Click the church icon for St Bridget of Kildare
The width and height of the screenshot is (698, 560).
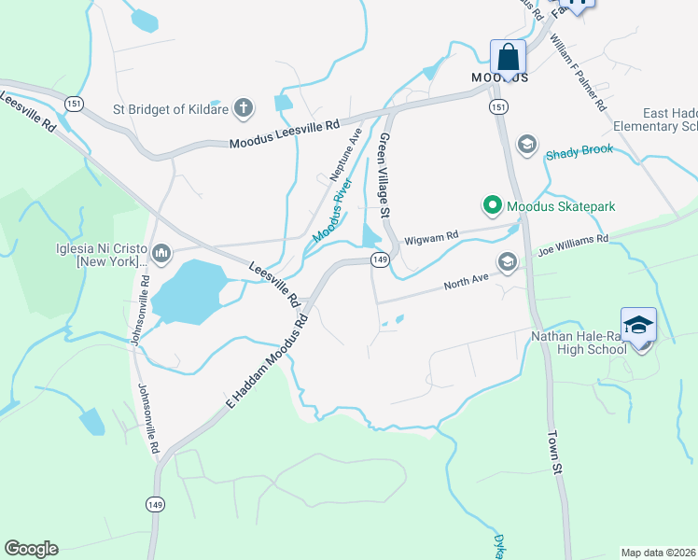click(x=243, y=107)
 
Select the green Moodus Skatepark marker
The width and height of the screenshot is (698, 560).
click(x=491, y=205)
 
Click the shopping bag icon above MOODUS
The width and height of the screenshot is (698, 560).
click(x=508, y=57)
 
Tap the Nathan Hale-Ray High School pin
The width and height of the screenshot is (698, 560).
click(x=638, y=327)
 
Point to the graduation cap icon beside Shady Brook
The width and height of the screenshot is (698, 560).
click(x=526, y=144)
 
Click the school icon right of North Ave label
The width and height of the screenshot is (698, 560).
click(x=507, y=262)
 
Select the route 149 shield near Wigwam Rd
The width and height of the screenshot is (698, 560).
click(x=379, y=259)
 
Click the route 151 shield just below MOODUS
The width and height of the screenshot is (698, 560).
click(x=501, y=107)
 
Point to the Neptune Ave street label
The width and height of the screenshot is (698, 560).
click(x=343, y=155)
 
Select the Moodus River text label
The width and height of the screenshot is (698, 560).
click(x=333, y=212)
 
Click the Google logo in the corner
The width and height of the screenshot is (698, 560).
click(x=31, y=549)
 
